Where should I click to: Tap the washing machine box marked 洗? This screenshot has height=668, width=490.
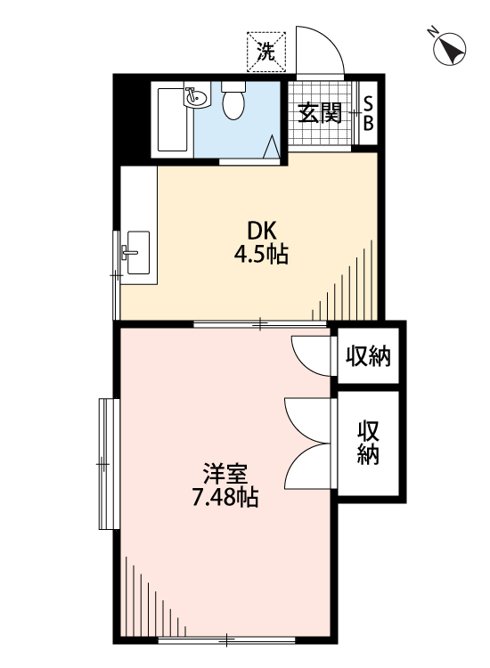265,50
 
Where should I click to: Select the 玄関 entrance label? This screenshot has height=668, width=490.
320,113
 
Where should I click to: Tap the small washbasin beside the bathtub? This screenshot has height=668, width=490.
195,96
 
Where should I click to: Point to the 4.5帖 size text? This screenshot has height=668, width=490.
260,255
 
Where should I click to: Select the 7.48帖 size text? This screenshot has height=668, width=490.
225,498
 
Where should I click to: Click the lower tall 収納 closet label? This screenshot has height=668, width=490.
369,442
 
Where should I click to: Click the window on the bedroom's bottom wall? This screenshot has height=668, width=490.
227,639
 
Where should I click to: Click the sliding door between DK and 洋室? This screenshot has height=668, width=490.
258,323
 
